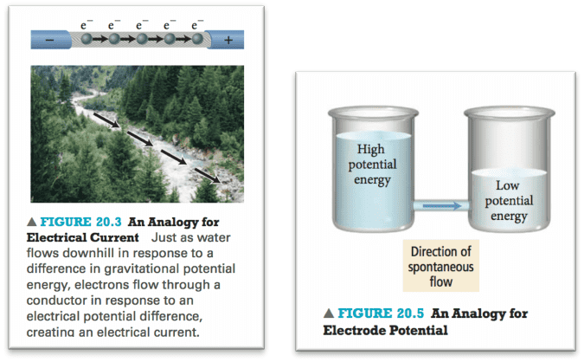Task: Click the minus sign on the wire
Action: pyautogui.click(x=50, y=40)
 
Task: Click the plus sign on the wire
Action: pyautogui.click(x=228, y=40)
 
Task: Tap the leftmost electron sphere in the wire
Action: pyautogui.click(x=87, y=38)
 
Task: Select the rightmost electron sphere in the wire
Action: pyautogui.click(x=197, y=38)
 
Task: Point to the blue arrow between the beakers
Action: pyautogui.click(x=442, y=205)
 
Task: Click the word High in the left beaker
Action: pyautogui.click(x=370, y=150)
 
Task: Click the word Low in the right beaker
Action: pyautogui.click(x=507, y=185)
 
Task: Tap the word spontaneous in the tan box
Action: pyautogui.click(x=440, y=268)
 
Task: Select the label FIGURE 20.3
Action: pyautogui.click(x=80, y=222)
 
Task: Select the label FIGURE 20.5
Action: pyautogui.click(x=381, y=314)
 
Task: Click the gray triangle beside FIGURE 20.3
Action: pyautogui.click(x=32, y=222)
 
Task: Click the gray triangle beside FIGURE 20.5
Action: pyautogui.click(x=329, y=314)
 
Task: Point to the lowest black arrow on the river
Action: pyautogui.click(x=208, y=176)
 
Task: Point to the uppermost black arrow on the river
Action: pyautogui.click(x=106, y=120)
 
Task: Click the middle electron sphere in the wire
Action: pyautogui.click(x=142, y=38)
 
